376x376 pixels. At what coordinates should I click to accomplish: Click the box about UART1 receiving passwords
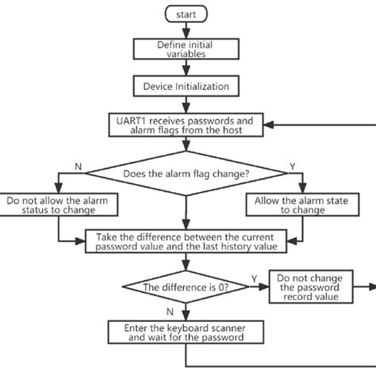185,125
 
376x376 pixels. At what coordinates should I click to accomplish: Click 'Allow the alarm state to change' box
297,205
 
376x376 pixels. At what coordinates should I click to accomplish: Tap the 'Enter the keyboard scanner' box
185,332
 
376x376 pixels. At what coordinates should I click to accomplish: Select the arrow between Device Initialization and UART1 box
185,105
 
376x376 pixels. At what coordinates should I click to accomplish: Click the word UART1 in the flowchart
131,119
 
